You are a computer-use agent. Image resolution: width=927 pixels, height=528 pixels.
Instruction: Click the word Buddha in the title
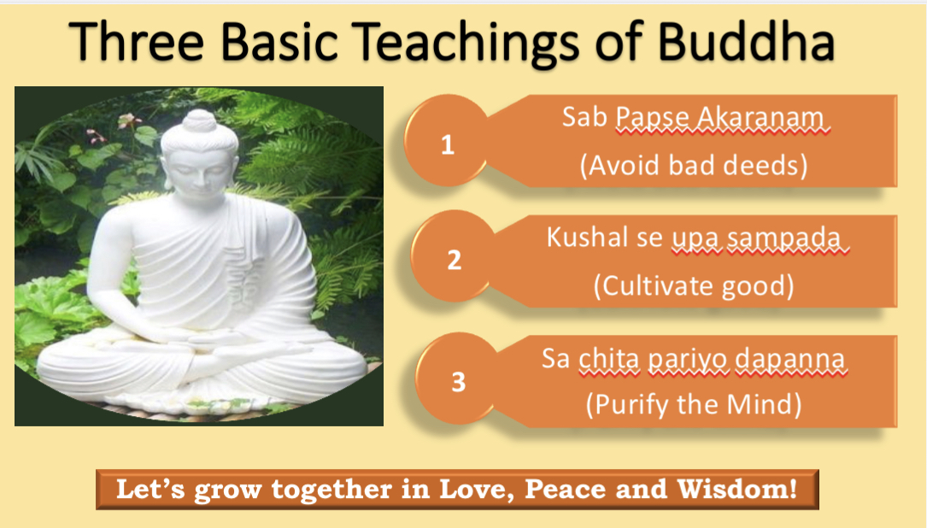746,42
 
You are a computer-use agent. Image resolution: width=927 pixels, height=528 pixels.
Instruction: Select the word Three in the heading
137,42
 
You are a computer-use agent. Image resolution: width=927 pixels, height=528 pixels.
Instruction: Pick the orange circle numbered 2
454,258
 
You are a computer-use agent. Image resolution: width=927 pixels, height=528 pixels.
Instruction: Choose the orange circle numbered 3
459,379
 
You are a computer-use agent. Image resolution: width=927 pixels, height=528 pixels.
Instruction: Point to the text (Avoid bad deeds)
693,165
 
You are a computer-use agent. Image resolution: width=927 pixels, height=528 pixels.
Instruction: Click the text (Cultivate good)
694,285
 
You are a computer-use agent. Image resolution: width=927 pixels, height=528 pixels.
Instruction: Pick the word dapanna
789,359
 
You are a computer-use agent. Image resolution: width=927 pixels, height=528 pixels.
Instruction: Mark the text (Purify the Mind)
694,404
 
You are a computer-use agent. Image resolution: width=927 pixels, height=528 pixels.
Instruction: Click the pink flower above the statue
129,120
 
